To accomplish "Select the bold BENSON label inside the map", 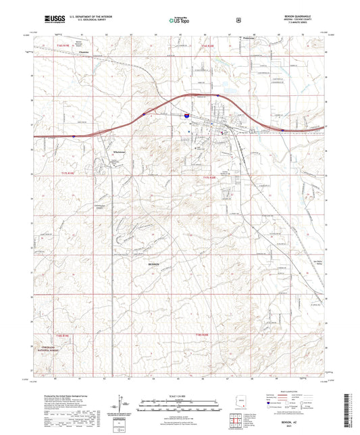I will [155, 264].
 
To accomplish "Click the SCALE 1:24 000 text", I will [180, 394].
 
